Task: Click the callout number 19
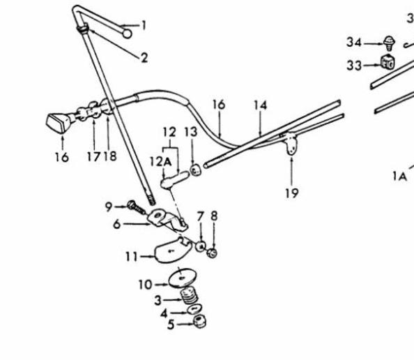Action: pyautogui.click(x=292, y=193)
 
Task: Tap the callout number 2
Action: pyautogui.click(x=144, y=58)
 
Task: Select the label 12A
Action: pyautogui.click(x=160, y=161)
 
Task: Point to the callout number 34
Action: pyautogui.click(x=354, y=42)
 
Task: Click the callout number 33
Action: pyautogui.click(x=354, y=66)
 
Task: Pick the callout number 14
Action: pyautogui.click(x=261, y=105)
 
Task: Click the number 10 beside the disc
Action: pyautogui.click(x=146, y=285)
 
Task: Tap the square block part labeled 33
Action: pyautogui.click(x=388, y=62)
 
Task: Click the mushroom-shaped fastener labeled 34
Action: pyautogui.click(x=389, y=44)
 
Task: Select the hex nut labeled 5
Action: pyautogui.click(x=199, y=322)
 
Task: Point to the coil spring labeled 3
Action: pyautogui.click(x=189, y=296)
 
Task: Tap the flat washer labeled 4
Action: pyautogui.click(x=194, y=309)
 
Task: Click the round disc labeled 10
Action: pyautogui.click(x=183, y=278)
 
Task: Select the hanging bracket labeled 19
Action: pyautogui.click(x=291, y=143)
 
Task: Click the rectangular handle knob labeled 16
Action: pyautogui.click(x=59, y=123)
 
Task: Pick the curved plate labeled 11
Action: pyautogui.click(x=173, y=250)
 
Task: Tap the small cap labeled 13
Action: pyautogui.click(x=195, y=170)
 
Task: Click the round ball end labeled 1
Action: pyautogui.click(x=128, y=33)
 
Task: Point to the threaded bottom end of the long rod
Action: pyautogui.click(x=151, y=200)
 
